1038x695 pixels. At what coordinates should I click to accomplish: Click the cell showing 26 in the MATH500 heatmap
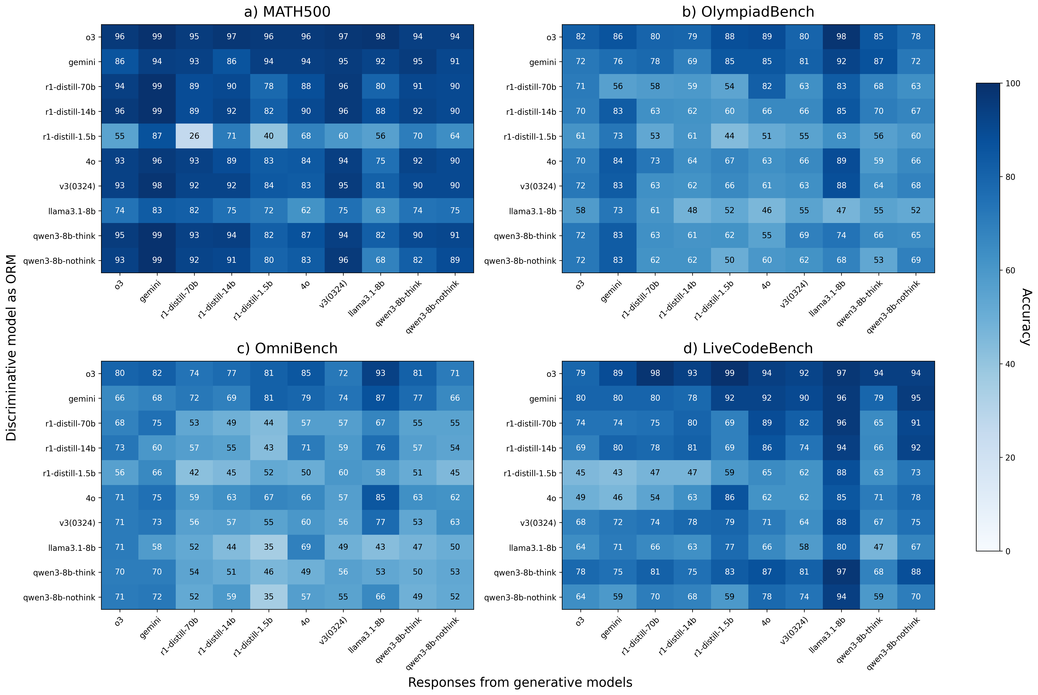click(x=194, y=136)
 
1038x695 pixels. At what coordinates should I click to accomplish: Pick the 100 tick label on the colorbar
click(x=1013, y=83)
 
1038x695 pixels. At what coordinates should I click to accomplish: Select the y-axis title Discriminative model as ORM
click(x=11, y=348)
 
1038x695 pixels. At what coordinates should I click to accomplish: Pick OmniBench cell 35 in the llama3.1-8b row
click(x=269, y=547)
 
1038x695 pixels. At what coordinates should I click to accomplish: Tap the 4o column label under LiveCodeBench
click(x=766, y=623)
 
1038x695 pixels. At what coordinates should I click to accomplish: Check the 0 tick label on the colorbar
click(x=1008, y=551)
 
